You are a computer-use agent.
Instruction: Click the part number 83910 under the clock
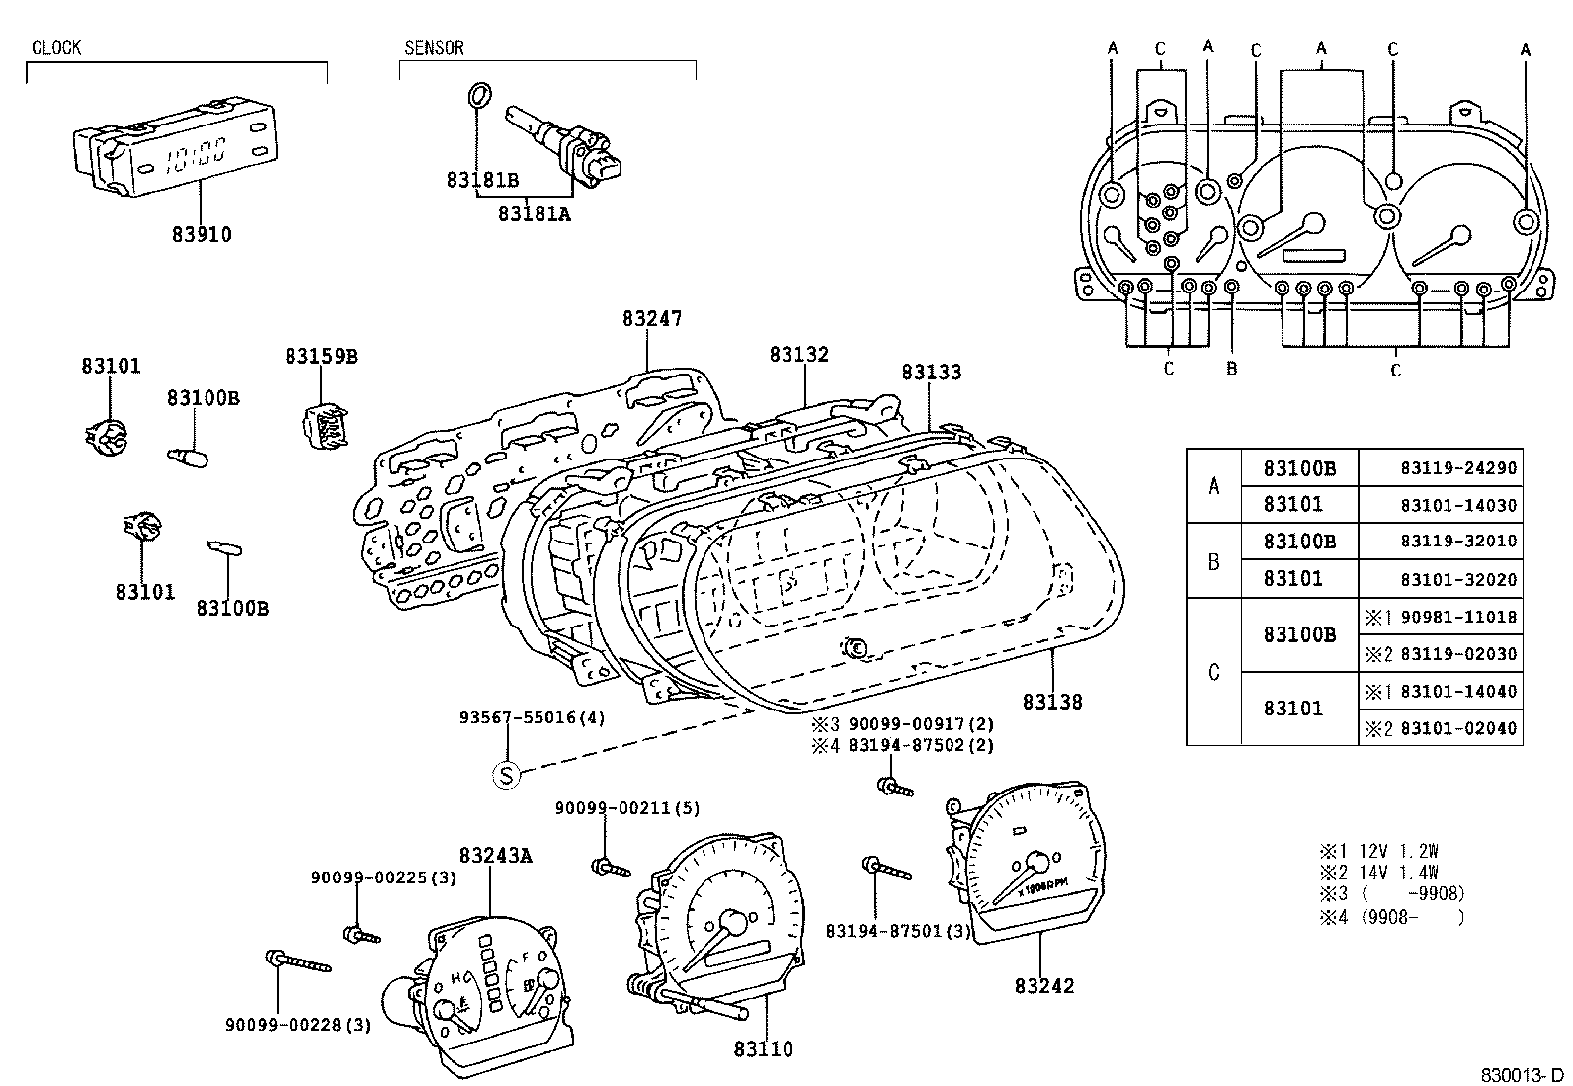[x=202, y=235]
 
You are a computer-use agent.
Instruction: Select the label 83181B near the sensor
[x=482, y=180]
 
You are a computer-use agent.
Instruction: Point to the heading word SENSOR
[x=434, y=48]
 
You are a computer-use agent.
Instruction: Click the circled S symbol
[x=506, y=776]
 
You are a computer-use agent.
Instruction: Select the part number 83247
[x=652, y=319]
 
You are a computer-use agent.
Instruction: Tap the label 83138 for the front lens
[x=1052, y=702]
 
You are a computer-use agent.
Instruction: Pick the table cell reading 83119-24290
[x=1457, y=468]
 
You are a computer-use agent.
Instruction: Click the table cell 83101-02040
[x=1457, y=729]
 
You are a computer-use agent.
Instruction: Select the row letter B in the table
[x=1214, y=562]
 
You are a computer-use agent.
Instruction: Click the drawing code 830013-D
[x=1522, y=1074]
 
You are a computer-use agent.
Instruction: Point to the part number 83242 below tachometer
[x=1043, y=986]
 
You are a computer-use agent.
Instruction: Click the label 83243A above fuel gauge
[x=495, y=856]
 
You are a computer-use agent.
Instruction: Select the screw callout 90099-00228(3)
[x=298, y=1026]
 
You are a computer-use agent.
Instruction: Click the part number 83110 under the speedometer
[x=763, y=1049]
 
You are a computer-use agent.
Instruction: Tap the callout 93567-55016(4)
[x=533, y=718]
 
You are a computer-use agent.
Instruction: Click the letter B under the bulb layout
[x=1231, y=370]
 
